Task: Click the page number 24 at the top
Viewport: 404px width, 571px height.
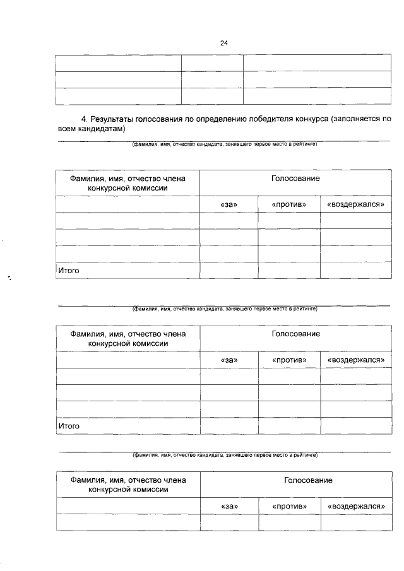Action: click(x=223, y=43)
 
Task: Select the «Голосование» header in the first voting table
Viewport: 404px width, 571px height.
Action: click(x=295, y=179)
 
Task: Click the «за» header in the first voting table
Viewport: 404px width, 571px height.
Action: click(x=229, y=204)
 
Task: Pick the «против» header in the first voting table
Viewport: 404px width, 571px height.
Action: click(x=288, y=204)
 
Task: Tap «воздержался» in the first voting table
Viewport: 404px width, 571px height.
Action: click(x=355, y=204)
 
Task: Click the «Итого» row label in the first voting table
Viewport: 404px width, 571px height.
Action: click(x=68, y=271)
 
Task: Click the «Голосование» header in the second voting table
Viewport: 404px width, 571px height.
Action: click(x=295, y=333)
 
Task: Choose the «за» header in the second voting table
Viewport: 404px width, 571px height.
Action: click(x=229, y=360)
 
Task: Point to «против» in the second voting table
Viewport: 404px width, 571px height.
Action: click(x=289, y=360)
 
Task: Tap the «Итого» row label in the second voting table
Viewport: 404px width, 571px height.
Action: click(x=69, y=426)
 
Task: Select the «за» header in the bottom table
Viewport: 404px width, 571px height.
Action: click(x=229, y=506)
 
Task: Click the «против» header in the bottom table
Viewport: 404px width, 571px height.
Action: click(x=289, y=506)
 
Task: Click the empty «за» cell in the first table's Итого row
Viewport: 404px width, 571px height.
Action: click(x=229, y=270)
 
